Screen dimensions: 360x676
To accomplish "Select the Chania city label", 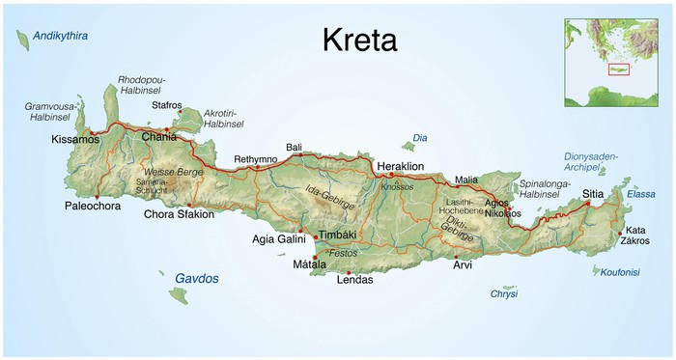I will tap(159, 137).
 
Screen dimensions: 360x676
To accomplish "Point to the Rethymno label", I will tap(255, 159).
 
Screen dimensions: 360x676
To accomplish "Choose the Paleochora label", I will tap(95, 206).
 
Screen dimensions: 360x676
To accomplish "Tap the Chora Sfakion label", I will tap(179, 214).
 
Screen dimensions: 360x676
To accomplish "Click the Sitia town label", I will tap(594, 194).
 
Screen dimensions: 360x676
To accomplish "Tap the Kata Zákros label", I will tap(636, 235).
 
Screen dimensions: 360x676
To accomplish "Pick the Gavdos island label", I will tap(196, 278).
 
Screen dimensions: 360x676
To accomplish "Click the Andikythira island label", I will tap(60, 36).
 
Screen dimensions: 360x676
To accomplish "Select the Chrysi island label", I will tap(503, 293).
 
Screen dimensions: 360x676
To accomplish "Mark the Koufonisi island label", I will tap(619, 272).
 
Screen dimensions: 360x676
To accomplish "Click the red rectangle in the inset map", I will tap(618, 69).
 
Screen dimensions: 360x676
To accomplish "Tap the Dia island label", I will tap(419, 138).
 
